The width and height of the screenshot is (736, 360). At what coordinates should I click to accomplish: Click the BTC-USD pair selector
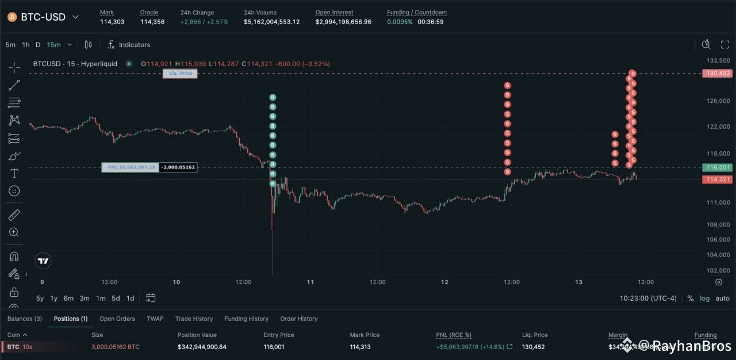[43, 17]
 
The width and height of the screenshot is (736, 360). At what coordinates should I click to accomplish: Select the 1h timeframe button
[26, 45]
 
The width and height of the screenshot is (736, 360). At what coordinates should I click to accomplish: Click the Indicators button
[129, 45]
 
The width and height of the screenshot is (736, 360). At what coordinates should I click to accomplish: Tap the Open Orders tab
[117, 319]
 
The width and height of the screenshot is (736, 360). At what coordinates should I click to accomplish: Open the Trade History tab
[194, 319]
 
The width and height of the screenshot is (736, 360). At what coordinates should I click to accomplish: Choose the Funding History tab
[246, 319]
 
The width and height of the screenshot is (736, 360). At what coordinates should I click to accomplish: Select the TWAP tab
[155, 319]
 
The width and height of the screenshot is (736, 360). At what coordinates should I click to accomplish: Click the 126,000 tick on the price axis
[716, 101]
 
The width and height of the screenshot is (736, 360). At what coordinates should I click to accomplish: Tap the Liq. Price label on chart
[181, 74]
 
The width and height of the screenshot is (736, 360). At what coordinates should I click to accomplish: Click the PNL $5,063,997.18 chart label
[131, 167]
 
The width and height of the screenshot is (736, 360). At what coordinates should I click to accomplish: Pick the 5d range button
[116, 298]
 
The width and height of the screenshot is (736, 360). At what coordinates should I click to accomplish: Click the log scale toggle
[704, 298]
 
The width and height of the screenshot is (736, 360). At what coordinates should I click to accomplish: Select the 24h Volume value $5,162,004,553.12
[271, 22]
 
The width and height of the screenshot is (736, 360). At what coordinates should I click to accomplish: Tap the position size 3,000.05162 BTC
[115, 347]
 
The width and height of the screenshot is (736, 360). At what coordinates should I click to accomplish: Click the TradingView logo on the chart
[43, 261]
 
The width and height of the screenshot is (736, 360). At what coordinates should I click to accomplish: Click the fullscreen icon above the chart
[725, 45]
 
